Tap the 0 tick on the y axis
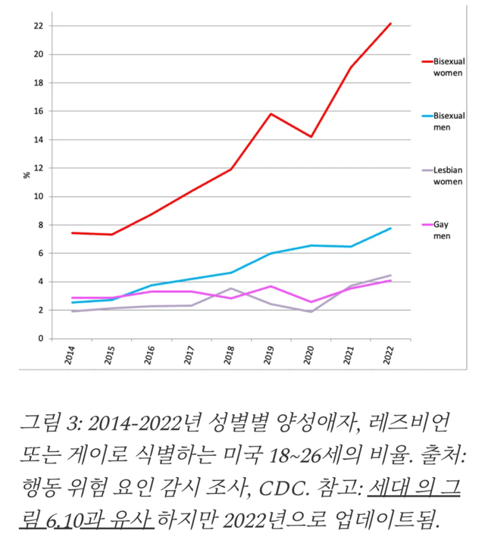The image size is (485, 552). click(39, 338)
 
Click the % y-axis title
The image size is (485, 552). click(27, 175)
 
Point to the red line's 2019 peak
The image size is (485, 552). click(271, 114)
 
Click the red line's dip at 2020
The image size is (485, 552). click(311, 136)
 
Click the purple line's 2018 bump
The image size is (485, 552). click(230, 288)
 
